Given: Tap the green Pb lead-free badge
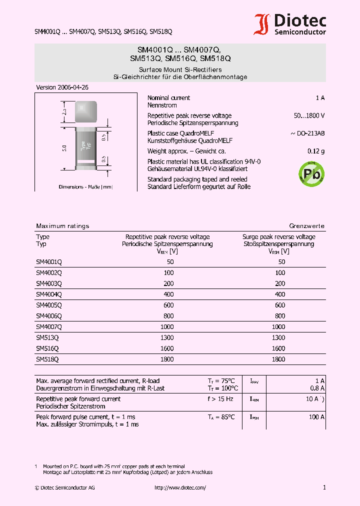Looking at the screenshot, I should pyautogui.click(x=311, y=173).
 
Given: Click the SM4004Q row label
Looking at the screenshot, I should pyautogui.click(x=49, y=294).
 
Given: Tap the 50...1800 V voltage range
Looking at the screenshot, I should pyautogui.click(x=309, y=115).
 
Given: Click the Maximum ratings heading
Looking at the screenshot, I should pyautogui.click(x=62, y=226).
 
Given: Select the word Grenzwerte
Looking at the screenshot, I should pyautogui.click(x=306, y=226).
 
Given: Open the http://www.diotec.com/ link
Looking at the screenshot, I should pyautogui.click(x=180, y=487).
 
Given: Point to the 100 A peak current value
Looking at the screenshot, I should pyautogui.click(x=316, y=417).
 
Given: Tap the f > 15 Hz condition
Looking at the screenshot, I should pyautogui.click(x=220, y=399).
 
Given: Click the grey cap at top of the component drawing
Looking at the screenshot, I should pyautogui.click(x=85, y=111).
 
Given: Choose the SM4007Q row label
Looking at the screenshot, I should pyautogui.click(x=49, y=326).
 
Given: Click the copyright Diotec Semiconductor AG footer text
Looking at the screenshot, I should pyautogui.click(x=64, y=487).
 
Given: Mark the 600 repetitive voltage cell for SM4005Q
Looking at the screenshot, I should pyautogui.click(x=168, y=305).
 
